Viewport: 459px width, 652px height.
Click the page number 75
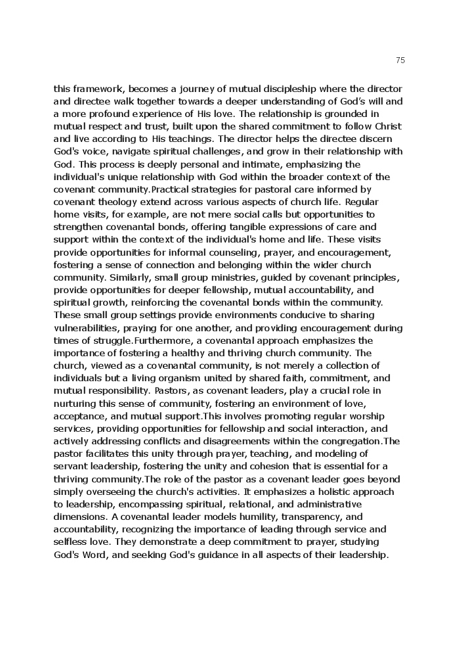pos(401,60)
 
